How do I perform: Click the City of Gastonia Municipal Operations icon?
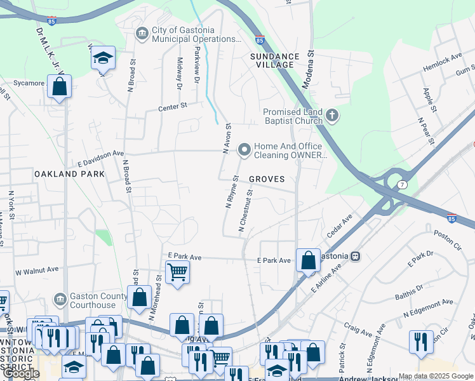pos(141,33)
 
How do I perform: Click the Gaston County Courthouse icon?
pos(60,298)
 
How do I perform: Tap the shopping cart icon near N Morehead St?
pos(177,272)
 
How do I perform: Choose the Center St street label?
pos(173,107)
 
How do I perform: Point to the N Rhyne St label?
pos(231,192)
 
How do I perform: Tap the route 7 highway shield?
pos(402,184)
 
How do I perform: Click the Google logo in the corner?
pos(21,374)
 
